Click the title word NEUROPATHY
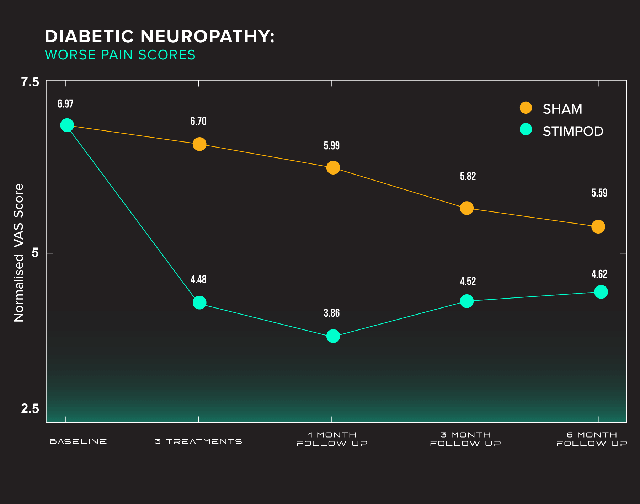pos(207,36)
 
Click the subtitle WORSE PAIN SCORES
pos(120,55)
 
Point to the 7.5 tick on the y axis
pos(30,82)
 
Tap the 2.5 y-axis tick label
pos(30,409)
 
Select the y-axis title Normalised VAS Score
pos(18,253)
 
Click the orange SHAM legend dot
pos(526,108)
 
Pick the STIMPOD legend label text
pos(573,132)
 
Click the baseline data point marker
pos(67,125)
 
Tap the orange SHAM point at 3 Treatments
pos(199,144)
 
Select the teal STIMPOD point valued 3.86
pos(333,336)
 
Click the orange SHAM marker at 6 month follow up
pos(598,226)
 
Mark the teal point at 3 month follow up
pos(466,301)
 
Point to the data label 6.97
pos(66,104)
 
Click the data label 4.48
pos(198,279)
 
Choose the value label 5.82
pos(468,176)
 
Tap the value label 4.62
pos(599,274)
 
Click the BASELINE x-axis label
pos(78,441)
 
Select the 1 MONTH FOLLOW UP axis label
pos(332,439)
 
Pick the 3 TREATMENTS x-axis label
pos(198,441)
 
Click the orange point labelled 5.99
pos(333,167)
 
